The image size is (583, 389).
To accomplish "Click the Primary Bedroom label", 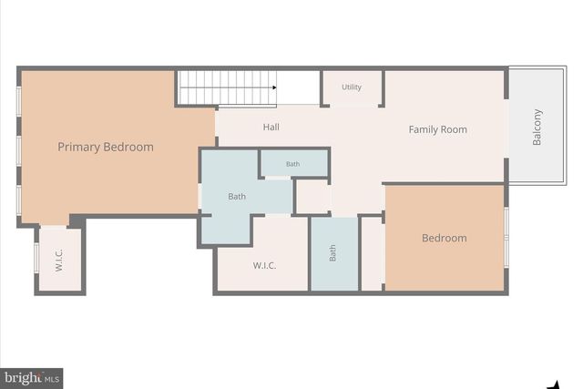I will tap(106, 147).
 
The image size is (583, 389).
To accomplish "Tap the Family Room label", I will tap(437, 129).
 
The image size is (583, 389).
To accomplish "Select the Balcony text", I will tap(537, 127).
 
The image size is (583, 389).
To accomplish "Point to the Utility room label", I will tap(352, 87).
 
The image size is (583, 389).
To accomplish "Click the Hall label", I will tap(271, 128).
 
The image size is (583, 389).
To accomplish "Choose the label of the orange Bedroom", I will tap(444, 239).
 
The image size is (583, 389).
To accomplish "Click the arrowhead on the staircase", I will tap(272, 87).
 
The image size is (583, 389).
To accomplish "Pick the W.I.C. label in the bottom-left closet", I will tap(58, 261).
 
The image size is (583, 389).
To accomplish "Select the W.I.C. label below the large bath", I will tap(264, 266).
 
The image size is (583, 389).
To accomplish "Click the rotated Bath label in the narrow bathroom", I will tap(332, 252).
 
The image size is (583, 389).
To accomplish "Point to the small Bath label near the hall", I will tap(292, 164).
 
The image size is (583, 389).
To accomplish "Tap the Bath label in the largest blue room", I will tap(237, 196).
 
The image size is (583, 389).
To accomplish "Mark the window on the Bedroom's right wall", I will tap(506, 237).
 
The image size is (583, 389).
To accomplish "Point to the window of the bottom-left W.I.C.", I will tap(36, 258).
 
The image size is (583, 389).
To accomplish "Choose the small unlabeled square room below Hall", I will tap(312, 196).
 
